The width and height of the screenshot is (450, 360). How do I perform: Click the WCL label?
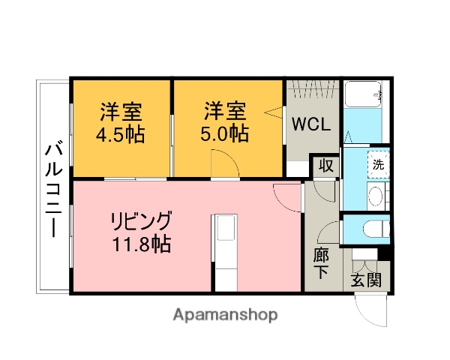[310, 124]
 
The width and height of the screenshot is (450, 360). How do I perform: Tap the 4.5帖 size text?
[120, 135]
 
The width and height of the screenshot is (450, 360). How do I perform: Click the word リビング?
[141, 222]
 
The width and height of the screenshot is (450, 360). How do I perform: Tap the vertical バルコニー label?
[53, 187]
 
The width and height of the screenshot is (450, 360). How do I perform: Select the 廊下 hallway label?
[320, 263]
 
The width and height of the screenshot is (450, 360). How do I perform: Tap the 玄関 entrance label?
[365, 281]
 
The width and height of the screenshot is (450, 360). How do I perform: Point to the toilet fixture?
[372, 229]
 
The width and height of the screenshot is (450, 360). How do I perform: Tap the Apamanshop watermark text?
[226, 314]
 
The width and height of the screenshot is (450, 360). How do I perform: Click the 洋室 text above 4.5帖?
[121, 113]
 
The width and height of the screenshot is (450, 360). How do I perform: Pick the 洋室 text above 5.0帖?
[224, 112]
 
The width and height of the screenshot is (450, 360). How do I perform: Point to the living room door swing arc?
[289, 196]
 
